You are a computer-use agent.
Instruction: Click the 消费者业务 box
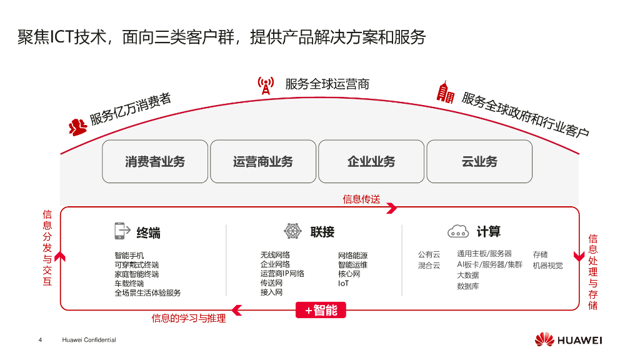tap(155, 161)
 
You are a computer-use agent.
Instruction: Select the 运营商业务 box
tap(263, 161)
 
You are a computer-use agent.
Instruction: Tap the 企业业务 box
tap(371, 161)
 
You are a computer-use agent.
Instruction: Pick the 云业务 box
tap(479, 161)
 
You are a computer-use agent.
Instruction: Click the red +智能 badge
tap(321, 310)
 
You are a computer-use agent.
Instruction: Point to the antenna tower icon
tap(266, 86)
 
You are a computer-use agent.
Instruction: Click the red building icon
tap(445, 92)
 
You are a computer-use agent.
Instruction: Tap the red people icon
tap(77, 127)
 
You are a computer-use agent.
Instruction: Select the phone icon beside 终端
tap(122, 231)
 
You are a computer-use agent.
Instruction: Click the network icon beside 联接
tap(292, 231)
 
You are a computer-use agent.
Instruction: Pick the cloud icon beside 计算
tap(458, 231)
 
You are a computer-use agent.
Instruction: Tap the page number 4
tap(41, 340)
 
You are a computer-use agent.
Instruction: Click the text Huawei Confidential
tap(89, 340)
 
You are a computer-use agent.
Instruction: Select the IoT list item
tap(344, 283)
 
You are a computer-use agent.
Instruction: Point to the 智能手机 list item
tap(129, 256)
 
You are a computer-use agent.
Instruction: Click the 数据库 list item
tap(468, 286)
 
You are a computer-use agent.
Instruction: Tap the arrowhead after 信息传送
tap(392, 208)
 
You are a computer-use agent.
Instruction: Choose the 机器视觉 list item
tap(547, 265)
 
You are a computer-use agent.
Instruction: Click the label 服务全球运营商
tap(327, 84)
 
